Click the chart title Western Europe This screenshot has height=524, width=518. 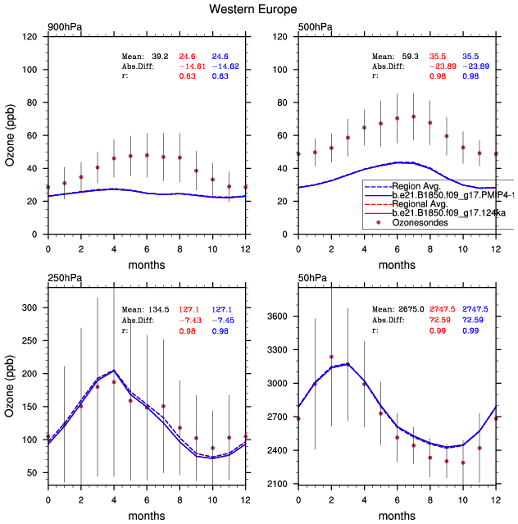[258, 9]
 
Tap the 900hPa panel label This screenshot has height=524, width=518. [64, 27]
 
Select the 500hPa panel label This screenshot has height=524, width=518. [315, 27]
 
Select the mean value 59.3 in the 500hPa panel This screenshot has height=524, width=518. [410, 55]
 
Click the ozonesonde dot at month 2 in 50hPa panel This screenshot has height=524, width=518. [331, 357]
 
